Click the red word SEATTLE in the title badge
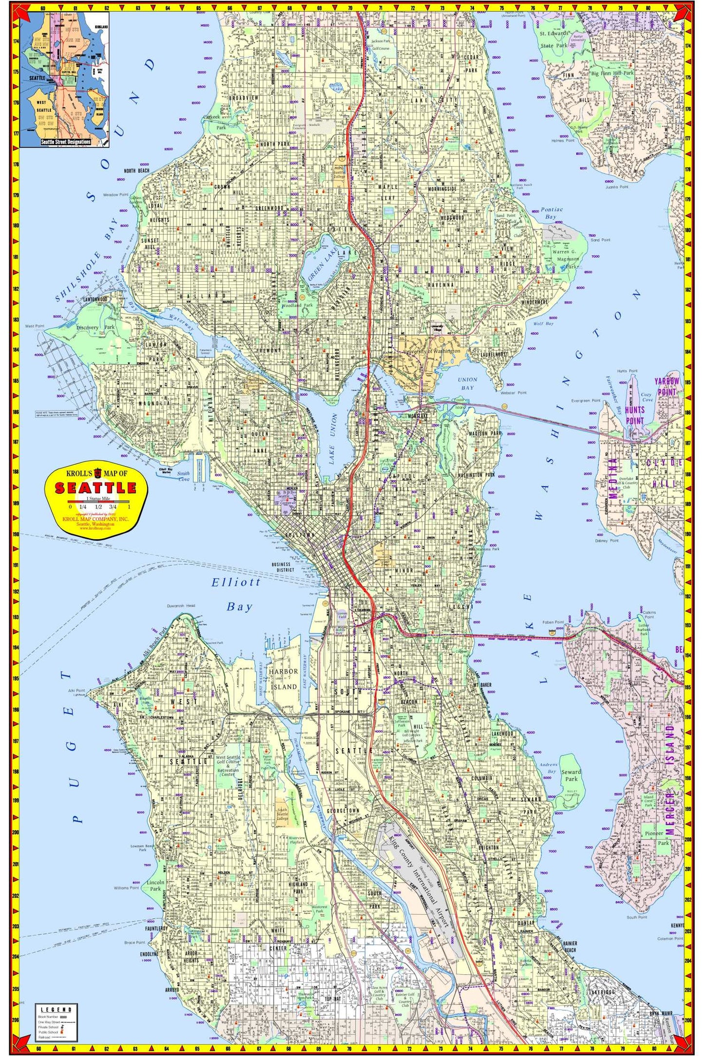point(95,488)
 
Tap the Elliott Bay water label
point(237,594)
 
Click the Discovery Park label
point(95,327)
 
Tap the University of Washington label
point(429,351)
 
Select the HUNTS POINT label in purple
point(634,415)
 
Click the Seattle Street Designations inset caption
point(65,142)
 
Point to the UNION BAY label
point(467,383)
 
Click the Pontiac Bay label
point(552,213)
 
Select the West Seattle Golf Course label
point(228,764)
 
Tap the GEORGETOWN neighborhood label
point(342,811)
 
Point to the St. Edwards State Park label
point(554,39)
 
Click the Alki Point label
point(77,690)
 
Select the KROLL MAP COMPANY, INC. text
point(95,519)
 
